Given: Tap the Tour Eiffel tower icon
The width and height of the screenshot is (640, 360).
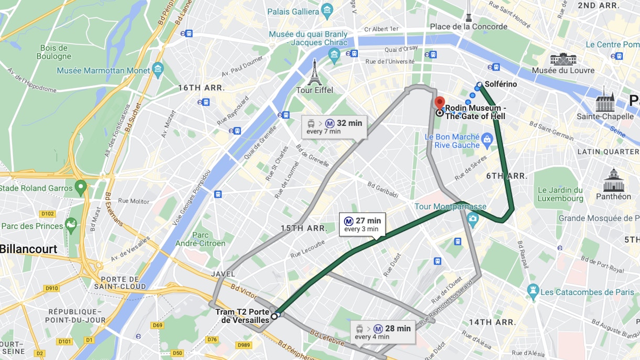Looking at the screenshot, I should coord(314,73).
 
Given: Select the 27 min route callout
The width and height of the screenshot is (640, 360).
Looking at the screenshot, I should coord(362,224).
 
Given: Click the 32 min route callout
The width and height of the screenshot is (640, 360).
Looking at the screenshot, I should coord(334,127).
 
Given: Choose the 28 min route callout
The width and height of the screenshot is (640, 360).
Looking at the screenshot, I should coord(383,332).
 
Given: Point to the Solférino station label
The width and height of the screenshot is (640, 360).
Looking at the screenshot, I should coord(500,84).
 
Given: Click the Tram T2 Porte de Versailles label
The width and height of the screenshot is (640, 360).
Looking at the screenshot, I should coord(242,316).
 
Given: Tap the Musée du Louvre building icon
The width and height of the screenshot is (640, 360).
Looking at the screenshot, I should coord(563,59).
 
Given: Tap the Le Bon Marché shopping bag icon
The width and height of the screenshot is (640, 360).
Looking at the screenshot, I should coord(487,139).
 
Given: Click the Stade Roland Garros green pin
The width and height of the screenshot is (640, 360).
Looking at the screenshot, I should coord(81,186).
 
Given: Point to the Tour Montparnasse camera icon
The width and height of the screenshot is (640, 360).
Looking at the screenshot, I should coord(473,219).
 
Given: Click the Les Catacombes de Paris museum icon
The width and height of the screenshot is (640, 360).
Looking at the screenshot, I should coord(533,290).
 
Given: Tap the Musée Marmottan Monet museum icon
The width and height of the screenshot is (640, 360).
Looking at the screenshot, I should coord(158,69).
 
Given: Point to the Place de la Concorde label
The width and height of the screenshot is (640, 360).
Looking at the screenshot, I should coord(468,26).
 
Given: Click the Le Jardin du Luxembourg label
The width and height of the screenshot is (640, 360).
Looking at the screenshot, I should coord(560,194).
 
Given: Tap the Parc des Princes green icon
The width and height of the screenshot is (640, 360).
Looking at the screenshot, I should coord(70,225).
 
